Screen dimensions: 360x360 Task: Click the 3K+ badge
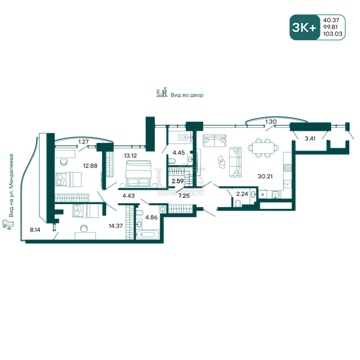(304, 28)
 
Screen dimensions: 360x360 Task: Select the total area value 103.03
(332, 34)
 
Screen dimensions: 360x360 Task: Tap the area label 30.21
(265, 176)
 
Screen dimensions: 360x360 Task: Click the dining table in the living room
(263, 148)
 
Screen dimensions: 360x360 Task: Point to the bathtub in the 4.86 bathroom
(148, 235)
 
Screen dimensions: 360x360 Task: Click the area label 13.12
(130, 155)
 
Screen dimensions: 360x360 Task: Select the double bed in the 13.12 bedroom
(138, 173)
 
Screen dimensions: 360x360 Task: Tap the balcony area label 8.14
(35, 230)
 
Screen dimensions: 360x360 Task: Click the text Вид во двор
(187, 95)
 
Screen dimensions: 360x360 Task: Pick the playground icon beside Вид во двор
(162, 92)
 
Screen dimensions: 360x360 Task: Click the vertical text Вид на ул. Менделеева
(11, 185)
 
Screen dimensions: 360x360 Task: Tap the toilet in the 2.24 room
(238, 203)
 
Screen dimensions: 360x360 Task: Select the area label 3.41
(310, 139)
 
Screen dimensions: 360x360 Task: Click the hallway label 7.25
(184, 196)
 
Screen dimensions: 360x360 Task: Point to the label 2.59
(178, 181)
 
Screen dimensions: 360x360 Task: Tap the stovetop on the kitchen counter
(287, 167)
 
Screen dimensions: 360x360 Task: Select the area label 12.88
(90, 166)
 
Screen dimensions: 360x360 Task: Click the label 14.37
(116, 226)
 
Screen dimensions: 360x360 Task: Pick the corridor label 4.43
(128, 196)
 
